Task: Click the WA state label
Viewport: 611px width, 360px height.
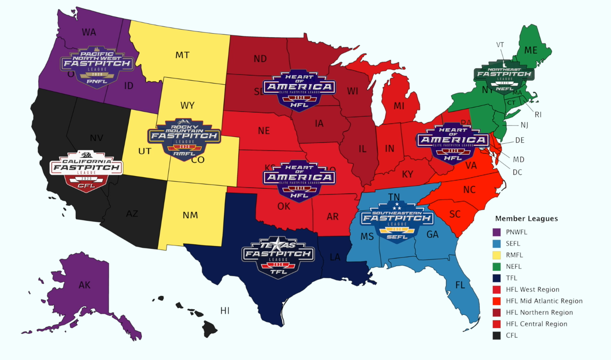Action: pos(89,32)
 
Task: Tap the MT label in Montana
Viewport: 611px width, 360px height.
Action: pos(182,55)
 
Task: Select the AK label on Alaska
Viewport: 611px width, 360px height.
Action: pos(85,285)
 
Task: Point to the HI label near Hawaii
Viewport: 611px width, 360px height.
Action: pos(225,310)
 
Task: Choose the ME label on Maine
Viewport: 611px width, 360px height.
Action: pos(531,51)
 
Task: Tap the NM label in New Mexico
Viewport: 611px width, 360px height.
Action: pos(190,215)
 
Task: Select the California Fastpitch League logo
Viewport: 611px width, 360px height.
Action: pos(86,171)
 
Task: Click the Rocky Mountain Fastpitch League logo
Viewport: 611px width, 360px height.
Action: pos(184,137)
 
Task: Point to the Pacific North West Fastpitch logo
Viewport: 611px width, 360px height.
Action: pos(97,66)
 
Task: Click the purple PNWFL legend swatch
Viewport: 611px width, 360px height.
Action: pos(497,233)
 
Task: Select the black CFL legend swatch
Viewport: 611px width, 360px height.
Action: pos(497,335)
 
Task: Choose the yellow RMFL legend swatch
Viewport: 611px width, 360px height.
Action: pos(497,255)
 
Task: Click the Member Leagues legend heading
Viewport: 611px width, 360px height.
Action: pos(526,219)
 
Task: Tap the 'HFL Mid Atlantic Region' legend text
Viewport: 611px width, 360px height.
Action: pos(544,301)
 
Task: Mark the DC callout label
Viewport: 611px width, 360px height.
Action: pos(517,172)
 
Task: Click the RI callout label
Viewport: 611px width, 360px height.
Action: pos(538,114)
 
